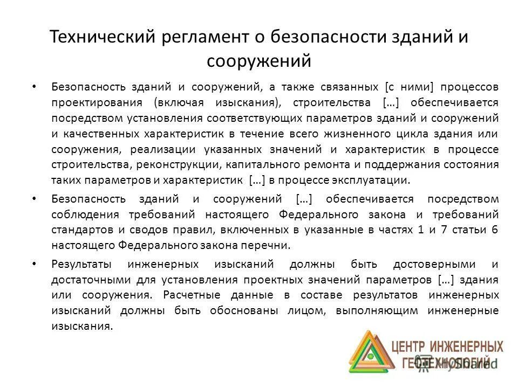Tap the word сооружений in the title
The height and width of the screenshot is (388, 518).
[259, 61]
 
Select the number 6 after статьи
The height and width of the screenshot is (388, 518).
[494, 230]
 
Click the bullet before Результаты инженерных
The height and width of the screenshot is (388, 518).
[34, 264]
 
